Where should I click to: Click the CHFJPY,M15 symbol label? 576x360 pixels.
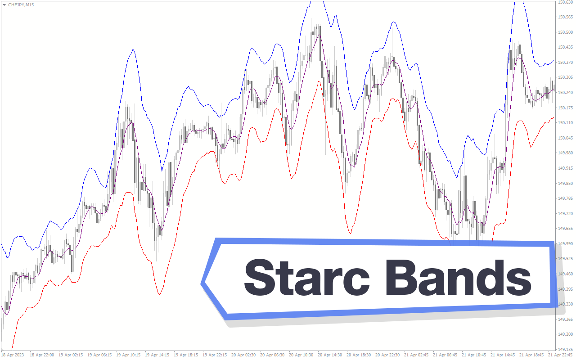pyautogui.click(x=21, y=5)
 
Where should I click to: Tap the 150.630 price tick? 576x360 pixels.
pyautogui.click(x=565, y=2)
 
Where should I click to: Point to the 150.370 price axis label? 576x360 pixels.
pyautogui.click(x=565, y=62)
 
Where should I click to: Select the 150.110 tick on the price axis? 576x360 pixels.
pyautogui.click(x=565, y=123)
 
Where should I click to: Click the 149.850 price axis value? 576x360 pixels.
pyautogui.click(x=565, y=183)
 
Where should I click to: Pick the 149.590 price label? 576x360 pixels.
pyautogui.click(x=565, y=243)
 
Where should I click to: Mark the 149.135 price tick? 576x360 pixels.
pyautogui.click(x=565, y=350)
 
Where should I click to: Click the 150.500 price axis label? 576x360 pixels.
pyautogui.click(x=565, y=32)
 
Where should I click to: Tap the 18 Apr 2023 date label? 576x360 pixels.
pyautogui.click(x=12, y=355)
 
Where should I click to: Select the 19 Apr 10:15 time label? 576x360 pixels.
pyautogui.click(x=128, y=355)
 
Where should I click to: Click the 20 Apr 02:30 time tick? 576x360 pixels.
pyautogui.click(x=243, y=355)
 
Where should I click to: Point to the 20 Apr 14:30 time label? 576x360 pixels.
pyautogui.click(x=330, y=355)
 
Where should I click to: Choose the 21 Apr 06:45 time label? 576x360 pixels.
pyautogui.click(x=445, y=355)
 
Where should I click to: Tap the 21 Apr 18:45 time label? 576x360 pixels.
pyautogui.click(x=531, y=355)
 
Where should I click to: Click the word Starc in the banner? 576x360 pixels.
pyautogui.click(x=307, y=278)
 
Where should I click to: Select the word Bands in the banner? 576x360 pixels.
pyautogui.click(x=458, y=278)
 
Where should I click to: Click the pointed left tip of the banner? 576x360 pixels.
pyautogui.click(x=201, y=283)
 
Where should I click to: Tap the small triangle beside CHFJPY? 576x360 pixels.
pyautogui.click(x=4, y=5)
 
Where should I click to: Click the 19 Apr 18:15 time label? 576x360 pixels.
pyautogui.click(x=186, y=355)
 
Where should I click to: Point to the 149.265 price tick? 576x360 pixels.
pyautogui.click(x=565, y=319)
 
